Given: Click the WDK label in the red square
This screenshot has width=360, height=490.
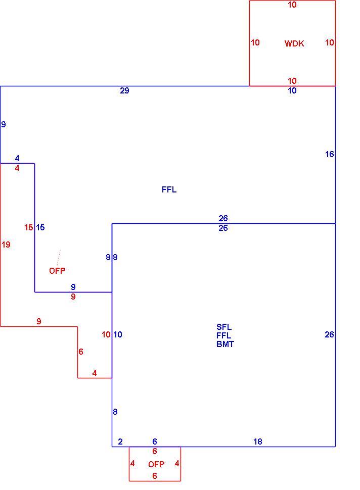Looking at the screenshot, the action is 294,43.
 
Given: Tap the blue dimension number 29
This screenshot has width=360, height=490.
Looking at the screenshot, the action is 124,90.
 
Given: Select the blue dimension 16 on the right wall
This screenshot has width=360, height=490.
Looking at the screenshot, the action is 329,154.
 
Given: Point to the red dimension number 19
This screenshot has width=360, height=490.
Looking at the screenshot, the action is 6,244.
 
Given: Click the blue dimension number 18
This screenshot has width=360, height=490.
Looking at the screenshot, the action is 257,442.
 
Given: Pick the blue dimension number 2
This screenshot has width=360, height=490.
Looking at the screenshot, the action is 120,442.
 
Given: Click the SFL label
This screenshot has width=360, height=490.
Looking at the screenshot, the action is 224,327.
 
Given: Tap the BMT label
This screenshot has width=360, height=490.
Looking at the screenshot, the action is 225,344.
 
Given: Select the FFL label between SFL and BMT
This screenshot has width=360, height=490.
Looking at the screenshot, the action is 224,335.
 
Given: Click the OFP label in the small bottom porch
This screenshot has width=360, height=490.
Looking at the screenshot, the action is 156,464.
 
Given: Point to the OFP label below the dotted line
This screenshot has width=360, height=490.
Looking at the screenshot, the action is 57,271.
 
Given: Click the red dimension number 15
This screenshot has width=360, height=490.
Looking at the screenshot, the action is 29,227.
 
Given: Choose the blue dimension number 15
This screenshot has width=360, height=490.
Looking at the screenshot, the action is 40,227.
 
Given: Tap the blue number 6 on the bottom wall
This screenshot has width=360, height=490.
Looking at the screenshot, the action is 155,442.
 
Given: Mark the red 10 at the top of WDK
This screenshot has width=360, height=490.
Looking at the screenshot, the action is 292,5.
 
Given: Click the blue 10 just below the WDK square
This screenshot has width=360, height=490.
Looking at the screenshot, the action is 292,90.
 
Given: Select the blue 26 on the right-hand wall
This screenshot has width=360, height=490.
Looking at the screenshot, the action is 329,335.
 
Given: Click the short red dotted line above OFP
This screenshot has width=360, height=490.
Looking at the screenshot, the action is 59,258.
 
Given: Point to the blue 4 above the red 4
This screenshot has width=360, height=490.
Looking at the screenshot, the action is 17,159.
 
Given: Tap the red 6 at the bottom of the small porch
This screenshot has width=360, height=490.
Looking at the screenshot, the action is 155,476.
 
